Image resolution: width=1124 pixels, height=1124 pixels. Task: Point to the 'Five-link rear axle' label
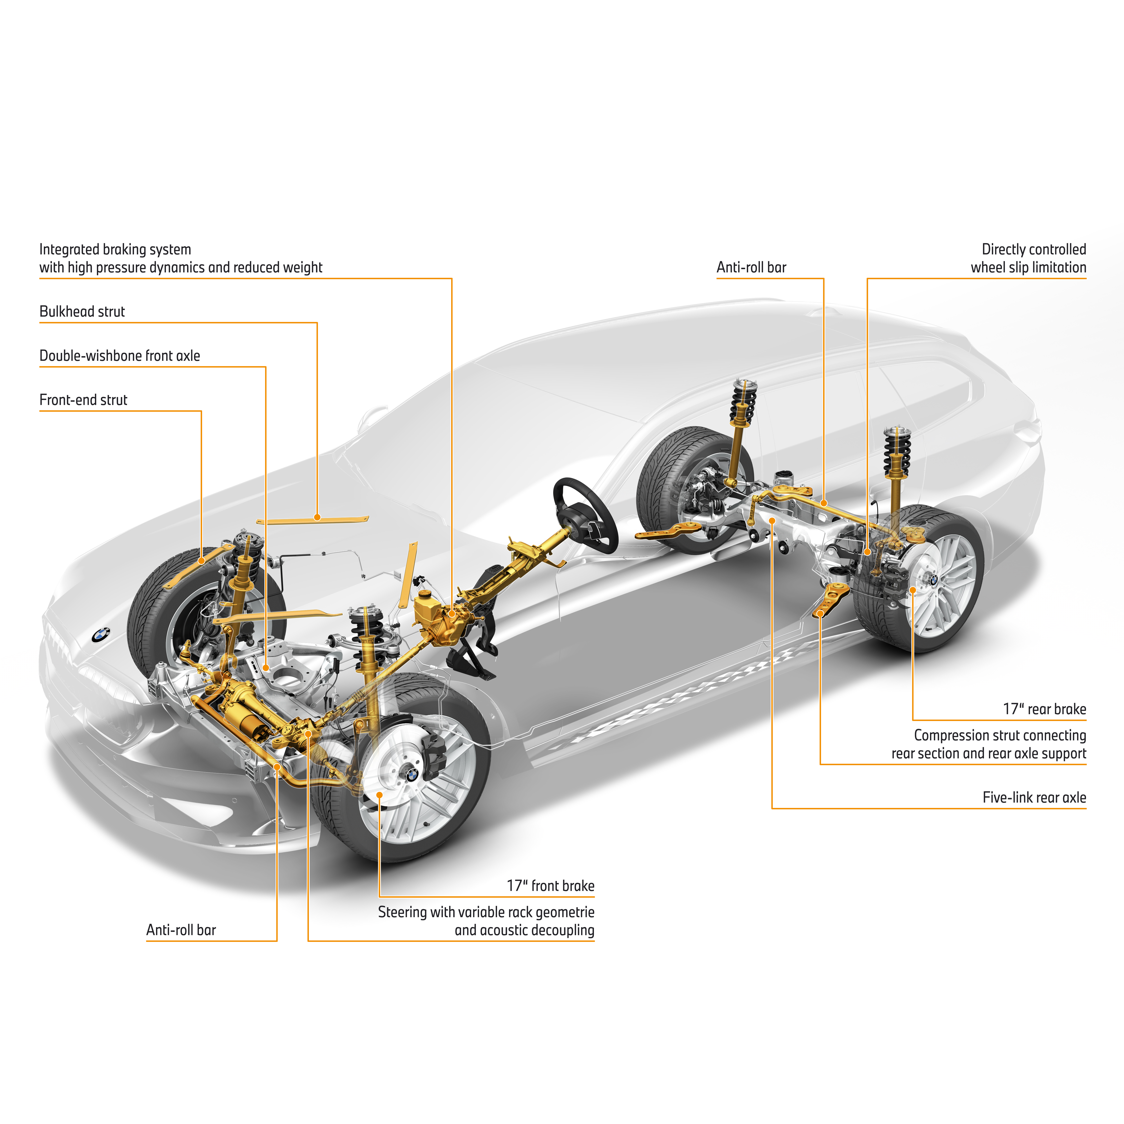point(1034,798)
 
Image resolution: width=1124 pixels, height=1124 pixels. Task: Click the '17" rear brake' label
point(1044,709)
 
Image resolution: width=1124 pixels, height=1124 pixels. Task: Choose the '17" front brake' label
point(550,886)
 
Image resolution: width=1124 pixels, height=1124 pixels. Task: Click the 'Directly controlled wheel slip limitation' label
point(1028,258)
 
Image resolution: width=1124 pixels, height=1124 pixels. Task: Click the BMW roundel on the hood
point(101,635)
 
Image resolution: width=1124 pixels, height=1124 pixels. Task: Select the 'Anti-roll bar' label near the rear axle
point(751,268)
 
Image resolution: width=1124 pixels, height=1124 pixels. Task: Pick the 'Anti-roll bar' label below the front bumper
point(181,930)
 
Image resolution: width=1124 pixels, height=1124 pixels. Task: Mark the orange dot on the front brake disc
point(379,795)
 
